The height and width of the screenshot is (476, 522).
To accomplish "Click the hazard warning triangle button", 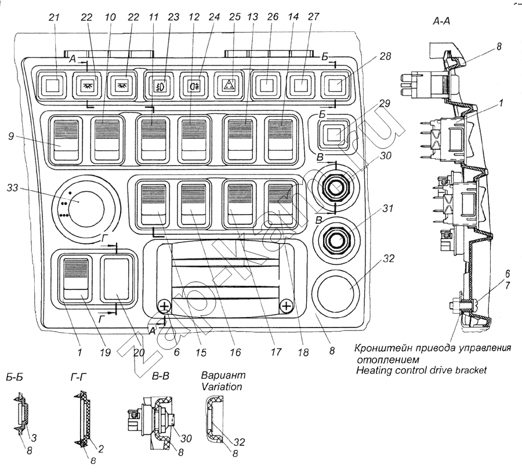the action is (229, 86).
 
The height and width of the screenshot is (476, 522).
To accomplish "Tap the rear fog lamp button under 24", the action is (193, 86).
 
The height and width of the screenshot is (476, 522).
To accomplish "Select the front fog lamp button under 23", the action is (158, 86).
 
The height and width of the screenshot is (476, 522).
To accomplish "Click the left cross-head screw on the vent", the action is (164, 306).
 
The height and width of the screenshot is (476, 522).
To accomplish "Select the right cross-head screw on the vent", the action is (287, 306).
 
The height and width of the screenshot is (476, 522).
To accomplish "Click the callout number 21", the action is (53, 17).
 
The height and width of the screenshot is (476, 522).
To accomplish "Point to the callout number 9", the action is (11, 136).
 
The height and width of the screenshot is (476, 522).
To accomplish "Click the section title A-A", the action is (441, 21).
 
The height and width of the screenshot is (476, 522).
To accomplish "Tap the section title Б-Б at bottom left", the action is (14, 377).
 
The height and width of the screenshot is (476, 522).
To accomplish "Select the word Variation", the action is (222, 387).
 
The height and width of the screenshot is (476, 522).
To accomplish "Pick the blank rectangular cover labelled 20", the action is (117, 278).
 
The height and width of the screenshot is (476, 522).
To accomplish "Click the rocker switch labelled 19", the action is (76, 278).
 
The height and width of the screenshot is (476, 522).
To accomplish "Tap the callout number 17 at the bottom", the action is (275, 352).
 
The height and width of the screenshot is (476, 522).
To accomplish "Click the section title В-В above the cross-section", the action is (161, 376).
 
